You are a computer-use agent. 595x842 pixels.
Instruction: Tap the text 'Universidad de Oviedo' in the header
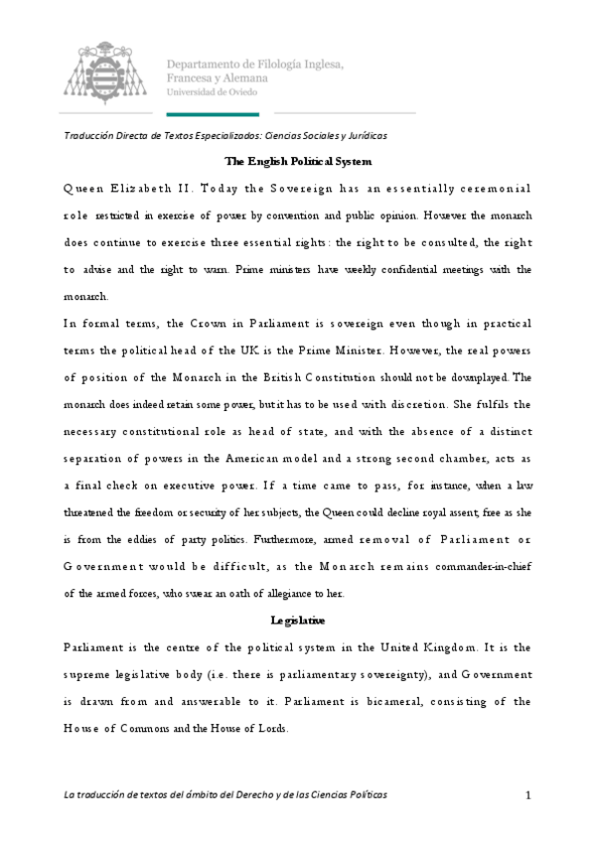tap(215, 92)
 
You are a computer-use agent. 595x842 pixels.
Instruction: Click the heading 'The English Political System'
tap(298, 161)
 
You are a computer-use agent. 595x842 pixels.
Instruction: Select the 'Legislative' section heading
tap(298, 621)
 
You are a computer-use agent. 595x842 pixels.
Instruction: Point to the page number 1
tap(529, 794)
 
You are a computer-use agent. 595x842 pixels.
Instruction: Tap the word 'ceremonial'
tap(494, 188)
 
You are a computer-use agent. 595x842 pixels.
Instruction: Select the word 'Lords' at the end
tap(269, 728)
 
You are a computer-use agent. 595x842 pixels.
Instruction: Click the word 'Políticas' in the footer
tap(362, 794)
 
